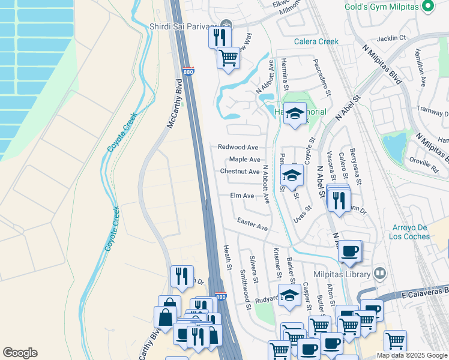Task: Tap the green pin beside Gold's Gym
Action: pos(427,7)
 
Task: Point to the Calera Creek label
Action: pos(316,41)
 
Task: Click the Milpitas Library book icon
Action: pos(379,274)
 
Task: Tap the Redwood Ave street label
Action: pos(238,147)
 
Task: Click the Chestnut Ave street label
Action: pos(240,172)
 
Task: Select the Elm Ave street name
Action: pos(243,196)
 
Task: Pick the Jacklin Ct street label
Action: pos(393,38)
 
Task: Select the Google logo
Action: pos(20,353)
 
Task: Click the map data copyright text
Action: pos(412,355)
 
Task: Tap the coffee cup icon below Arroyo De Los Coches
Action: pos(351,251)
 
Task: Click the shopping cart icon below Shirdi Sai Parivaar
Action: pos(228,58)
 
